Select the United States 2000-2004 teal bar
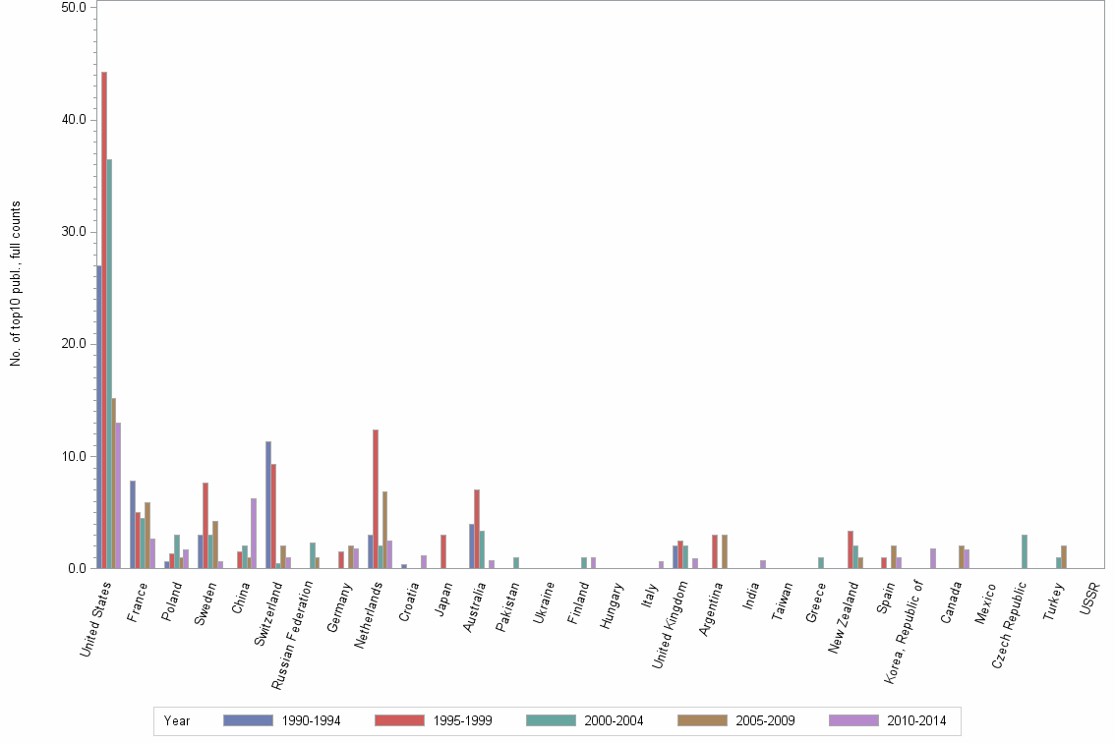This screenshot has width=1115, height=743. [x=109, y=364]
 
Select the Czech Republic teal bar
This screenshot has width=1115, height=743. [x=1025, y=551]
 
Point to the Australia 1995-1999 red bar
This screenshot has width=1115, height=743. [x=477, y=529]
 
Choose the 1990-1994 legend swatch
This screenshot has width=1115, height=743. [x=247, y=720]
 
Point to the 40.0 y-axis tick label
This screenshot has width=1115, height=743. [x=73, y=120]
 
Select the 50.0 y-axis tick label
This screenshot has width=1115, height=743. [x=73, y=8]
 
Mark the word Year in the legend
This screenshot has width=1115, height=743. [x=178, y=721]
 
